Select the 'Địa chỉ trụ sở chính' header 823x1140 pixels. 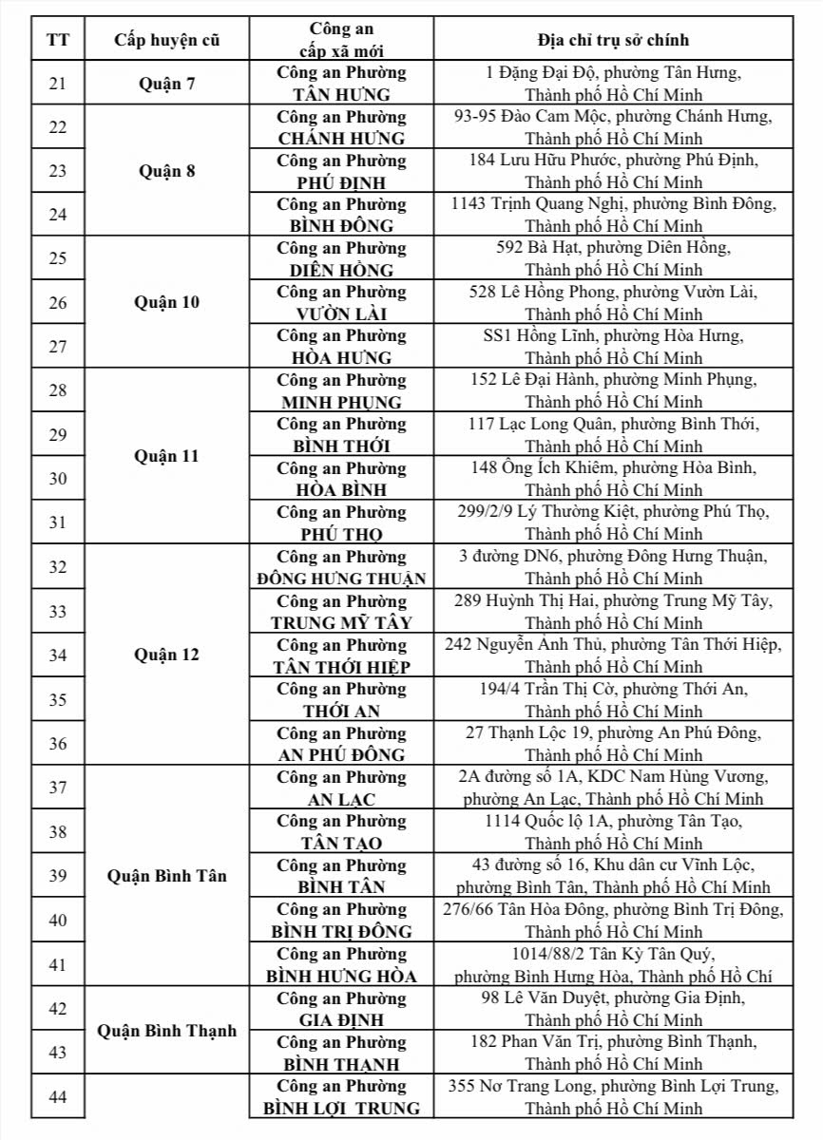[x=612, y=40]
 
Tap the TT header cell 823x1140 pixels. [x=57, y=40]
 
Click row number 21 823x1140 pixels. [x=57, y=84]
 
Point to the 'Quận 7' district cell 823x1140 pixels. [x=166, y=84]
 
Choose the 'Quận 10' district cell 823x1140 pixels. [x=166, y=303]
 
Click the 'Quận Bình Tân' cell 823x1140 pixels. [x=166, y=876]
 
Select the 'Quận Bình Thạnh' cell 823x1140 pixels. [x=166, y=1031]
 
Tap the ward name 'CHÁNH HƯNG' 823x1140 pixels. [x=341, y=139]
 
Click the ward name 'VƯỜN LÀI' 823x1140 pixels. [x=341, y=314]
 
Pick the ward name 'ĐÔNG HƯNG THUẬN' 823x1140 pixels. [x=341, y=579]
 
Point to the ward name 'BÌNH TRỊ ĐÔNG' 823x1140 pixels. [x=341, y=931]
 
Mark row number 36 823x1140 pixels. [x=57, y=744]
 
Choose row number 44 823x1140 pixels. [x=57, y=1097]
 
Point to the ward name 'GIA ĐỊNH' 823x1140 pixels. [x=341, y=1020]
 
